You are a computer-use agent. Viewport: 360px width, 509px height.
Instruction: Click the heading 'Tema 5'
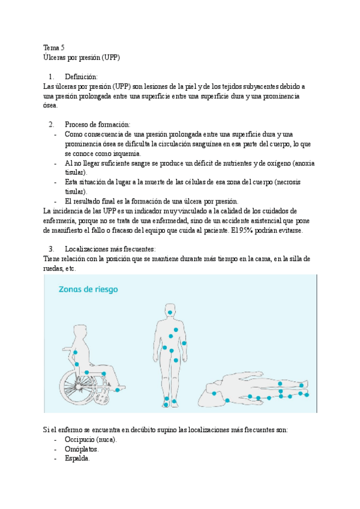point(55,47)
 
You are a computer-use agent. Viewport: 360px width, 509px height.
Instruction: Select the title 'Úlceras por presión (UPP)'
point(82,57)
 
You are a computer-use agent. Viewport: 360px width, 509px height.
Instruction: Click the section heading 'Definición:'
point(81,77)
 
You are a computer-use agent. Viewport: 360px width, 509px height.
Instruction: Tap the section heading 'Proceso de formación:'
point(97,124)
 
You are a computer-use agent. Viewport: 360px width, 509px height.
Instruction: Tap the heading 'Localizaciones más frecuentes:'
point(110,248)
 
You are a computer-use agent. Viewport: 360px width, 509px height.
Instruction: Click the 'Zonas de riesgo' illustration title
point(88,289)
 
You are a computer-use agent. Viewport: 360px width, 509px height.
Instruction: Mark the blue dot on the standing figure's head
point(170,313)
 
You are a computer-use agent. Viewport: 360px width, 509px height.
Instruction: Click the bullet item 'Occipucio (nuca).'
point(91,439)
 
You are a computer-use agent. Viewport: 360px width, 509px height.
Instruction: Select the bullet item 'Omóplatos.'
point(82,448)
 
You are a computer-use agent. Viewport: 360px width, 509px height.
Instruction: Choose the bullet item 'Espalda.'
point(77,458)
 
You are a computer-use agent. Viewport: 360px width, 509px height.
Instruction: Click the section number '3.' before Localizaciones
point(52,248)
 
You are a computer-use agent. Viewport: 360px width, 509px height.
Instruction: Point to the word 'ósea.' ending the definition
point(51,105)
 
